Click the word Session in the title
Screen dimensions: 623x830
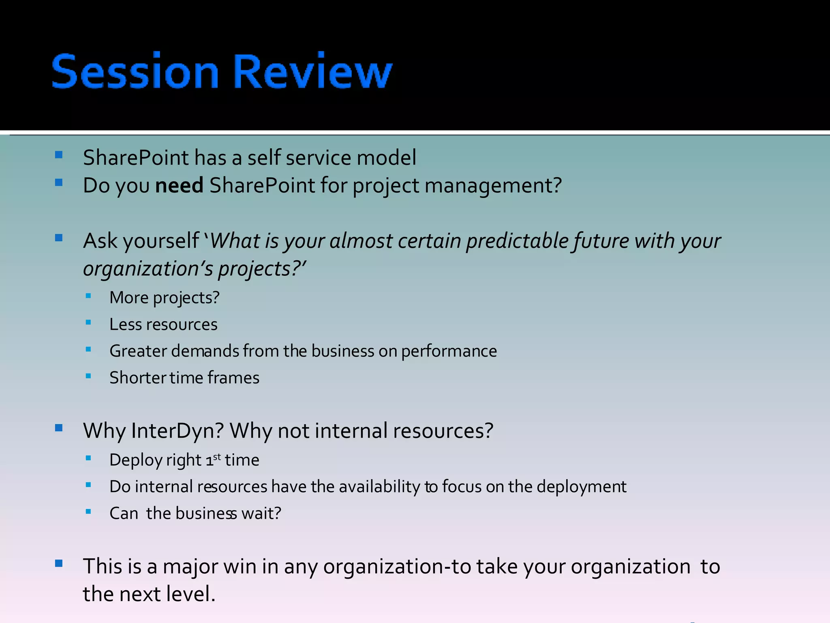click(135, 72)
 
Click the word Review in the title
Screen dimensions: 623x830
click(312, 72)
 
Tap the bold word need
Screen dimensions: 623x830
click(179, 186)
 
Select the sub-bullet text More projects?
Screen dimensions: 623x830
click(164, 298)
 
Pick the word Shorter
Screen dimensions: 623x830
click(138, 378)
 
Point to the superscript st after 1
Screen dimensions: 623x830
click(217, 457)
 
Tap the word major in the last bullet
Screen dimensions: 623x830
click(190, 567)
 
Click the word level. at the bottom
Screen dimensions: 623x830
click(191, 594)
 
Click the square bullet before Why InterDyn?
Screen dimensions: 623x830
click(59, 428)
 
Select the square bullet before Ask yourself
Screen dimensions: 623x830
click(59, 238)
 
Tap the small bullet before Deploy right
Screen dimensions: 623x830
click(88, 458)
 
